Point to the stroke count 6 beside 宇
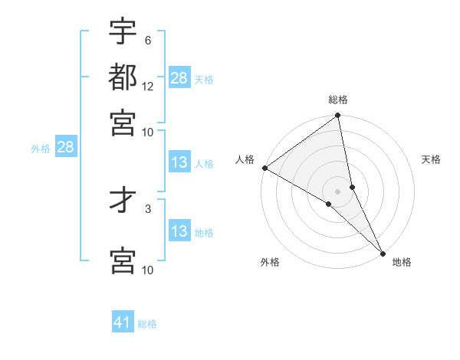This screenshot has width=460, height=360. pos(147,40)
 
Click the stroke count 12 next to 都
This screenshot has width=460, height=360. pos(148,86)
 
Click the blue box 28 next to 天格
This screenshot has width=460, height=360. pos(179,78)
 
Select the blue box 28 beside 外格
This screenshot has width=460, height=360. pos(65,148)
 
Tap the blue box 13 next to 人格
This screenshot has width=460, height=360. pos(179,162)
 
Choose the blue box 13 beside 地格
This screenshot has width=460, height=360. pos(179,231)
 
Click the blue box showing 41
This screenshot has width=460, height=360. pos(123,322)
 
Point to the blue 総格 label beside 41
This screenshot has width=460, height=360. pos(147,324)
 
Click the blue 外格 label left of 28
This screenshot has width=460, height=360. pos(41,149)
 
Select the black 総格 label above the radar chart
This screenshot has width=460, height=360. pos(338,100)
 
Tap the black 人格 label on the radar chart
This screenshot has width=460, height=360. pos(245,159)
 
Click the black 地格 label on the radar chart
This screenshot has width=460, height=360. pos(402,262)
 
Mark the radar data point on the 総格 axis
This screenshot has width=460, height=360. pos(338,116)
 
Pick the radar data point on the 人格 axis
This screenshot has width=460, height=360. pos(264,168)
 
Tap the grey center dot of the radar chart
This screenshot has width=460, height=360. pos(338,191)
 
